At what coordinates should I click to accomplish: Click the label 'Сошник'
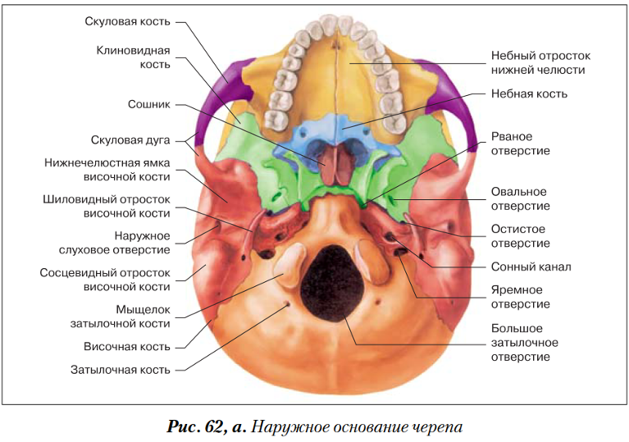[x=149, y=105]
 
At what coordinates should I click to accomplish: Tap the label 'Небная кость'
[x=529, y=93]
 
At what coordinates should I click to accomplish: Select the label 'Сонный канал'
[x=531, y=267]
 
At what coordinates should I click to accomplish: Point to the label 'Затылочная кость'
[x=121, y=369]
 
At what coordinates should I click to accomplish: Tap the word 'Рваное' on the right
[x=512, y=136]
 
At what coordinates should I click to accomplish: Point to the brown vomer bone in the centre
[x=332, y=163]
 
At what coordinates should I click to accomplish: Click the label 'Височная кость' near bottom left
[x=131, y=346]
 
